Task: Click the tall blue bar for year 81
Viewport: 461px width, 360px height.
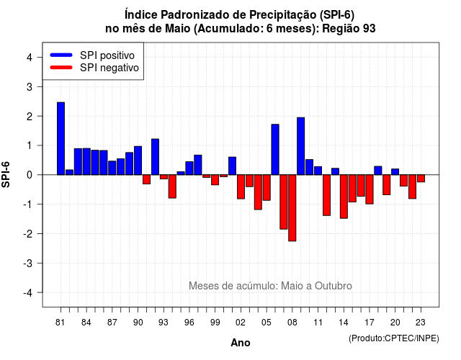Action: (61, 138)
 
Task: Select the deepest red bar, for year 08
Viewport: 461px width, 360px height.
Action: (292, 208)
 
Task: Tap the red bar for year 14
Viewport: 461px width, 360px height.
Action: (344, 197)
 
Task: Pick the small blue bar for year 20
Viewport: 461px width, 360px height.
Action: (395, 172)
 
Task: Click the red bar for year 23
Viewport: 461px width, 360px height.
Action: (421, 179)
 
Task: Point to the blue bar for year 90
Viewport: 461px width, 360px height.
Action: (138, 161)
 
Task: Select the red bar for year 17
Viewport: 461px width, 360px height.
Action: (370, 189)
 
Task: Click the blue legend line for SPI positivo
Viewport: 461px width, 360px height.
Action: (61, 55)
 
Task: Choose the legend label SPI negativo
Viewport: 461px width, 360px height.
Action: (109, 68)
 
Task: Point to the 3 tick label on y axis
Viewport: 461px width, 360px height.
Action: (29, 86)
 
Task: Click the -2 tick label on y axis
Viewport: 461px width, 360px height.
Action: (27, 233)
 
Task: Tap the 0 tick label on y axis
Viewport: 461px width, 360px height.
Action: (29, 175)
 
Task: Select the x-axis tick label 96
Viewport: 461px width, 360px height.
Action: (189, 323)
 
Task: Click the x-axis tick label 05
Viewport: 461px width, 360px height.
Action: (267, 323)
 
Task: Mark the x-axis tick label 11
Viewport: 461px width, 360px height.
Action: (318, 323)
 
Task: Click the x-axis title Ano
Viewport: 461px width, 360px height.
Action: (241, 343)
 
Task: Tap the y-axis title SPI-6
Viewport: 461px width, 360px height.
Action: (6, 174)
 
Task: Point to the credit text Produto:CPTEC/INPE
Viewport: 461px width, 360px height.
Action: (394, 338)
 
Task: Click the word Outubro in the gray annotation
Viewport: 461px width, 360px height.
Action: (333, 286)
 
